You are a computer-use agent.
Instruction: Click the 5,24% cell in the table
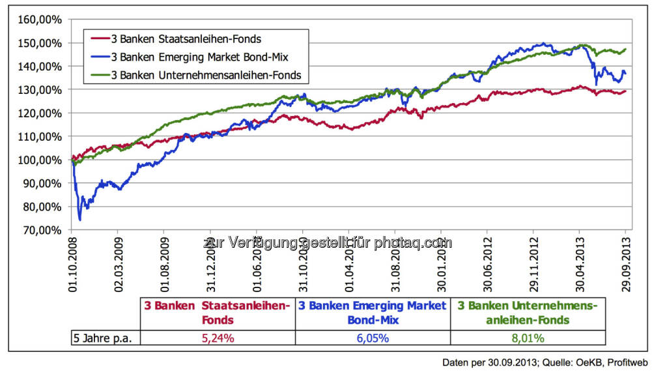coord(218,338)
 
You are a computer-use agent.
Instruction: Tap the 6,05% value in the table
coord(373,338)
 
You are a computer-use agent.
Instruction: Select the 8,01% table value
coord(528,338)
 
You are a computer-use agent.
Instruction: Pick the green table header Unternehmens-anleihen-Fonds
coord(528,313)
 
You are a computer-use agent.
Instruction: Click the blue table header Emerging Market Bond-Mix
coord(373,313)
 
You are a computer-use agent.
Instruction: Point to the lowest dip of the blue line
coord(79,220)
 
